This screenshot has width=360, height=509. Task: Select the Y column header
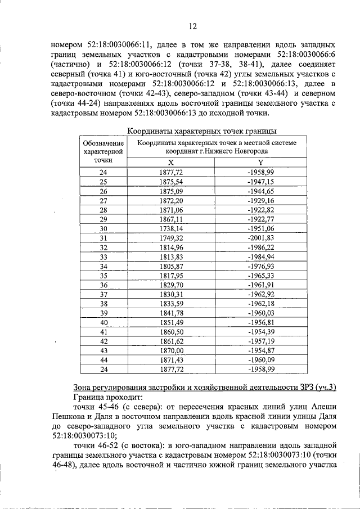pos(260,161)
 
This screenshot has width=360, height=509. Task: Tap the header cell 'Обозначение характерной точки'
pos(103,151)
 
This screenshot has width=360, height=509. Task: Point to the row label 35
pos(103,277)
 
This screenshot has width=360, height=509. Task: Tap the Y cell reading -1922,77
pos(260,219)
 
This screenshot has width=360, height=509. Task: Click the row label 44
pos(103,360)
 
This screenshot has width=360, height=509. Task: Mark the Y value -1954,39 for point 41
pos(260,332)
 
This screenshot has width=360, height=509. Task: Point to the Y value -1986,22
pos(260,248)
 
